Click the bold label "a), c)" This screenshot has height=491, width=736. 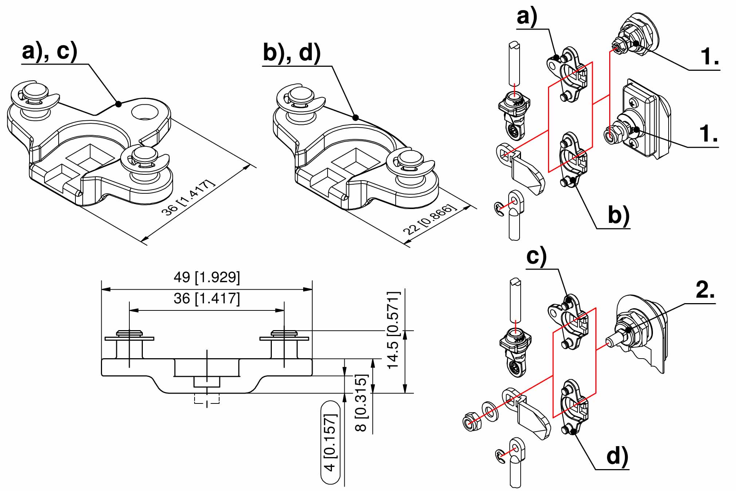coord(50,51)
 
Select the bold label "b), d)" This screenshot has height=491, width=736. coord(292,53)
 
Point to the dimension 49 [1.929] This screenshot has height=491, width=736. coord(207,278)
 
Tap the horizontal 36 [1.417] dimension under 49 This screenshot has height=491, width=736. coord(207,299)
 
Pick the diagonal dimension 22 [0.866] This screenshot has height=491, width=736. coord(430,219)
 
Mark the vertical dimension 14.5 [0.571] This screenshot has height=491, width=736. coord(394,330)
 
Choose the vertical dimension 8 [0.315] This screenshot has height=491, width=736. coord(361,403)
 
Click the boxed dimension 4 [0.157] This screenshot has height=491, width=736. coord(330,442)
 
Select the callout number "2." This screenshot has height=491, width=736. coord(705,291)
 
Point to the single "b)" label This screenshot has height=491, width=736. coord(619,215)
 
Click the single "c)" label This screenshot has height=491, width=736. coord(537,256)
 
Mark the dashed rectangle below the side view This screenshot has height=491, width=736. coord(207,398)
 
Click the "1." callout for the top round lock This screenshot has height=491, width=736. coord(710,57)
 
